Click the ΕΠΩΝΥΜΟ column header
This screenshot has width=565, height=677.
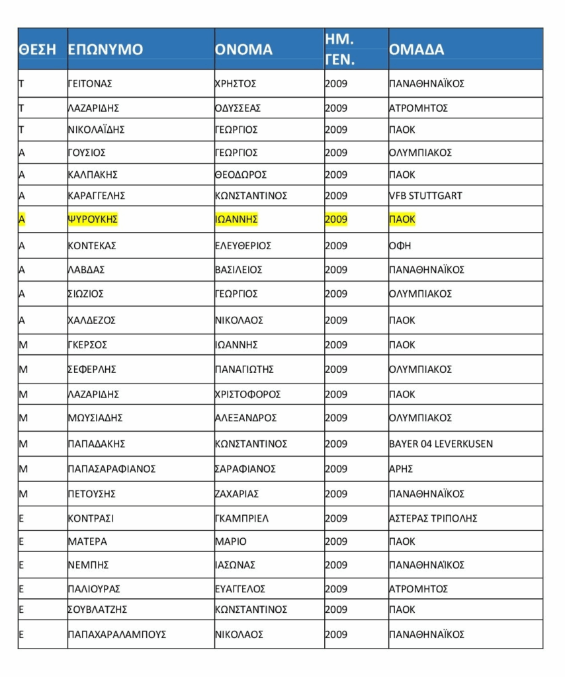(106, 50)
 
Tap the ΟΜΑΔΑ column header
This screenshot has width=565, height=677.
(417, 50)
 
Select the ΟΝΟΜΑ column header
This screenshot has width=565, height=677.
(244, 50)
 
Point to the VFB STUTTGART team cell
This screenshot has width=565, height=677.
(425, 196)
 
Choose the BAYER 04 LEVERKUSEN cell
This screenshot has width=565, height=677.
(441, 444)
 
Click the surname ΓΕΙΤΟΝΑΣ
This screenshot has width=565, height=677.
(91, 84)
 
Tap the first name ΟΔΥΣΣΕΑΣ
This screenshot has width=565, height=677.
(238, 108)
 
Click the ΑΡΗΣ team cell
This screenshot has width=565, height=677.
(401, 469)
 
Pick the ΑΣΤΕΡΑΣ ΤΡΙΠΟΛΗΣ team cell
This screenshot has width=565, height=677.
(433, 518)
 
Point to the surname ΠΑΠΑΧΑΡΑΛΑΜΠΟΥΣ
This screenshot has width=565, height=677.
(117, 635)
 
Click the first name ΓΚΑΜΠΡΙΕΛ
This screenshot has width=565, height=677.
(242, 518)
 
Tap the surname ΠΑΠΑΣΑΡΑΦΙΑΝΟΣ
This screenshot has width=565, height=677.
(112, 469)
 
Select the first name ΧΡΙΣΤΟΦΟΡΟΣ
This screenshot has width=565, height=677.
(248, 394)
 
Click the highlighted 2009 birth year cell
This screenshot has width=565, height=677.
(336, 219)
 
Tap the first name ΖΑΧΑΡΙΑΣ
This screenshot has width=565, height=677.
(238, 494)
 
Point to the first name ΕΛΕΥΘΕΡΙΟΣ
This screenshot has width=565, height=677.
(244, 246)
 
